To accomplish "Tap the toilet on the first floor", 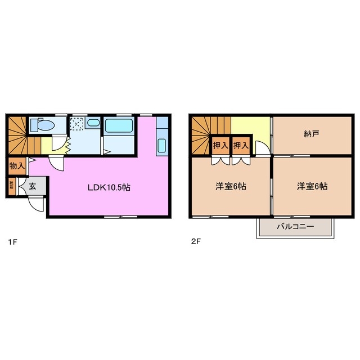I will click(x=41, y=124).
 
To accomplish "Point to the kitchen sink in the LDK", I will click(x=162, y=145).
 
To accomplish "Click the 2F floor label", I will click(x=195, y=242).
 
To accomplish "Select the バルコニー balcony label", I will click(x=295, y=227).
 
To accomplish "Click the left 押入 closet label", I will click(x=220, y=146).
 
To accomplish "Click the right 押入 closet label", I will click(x=241, y=146).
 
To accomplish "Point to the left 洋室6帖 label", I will click(x=231, y=187).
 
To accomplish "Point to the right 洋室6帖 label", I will click(x=312, y=187).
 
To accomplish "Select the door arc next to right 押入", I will click(x=260, y=149).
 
